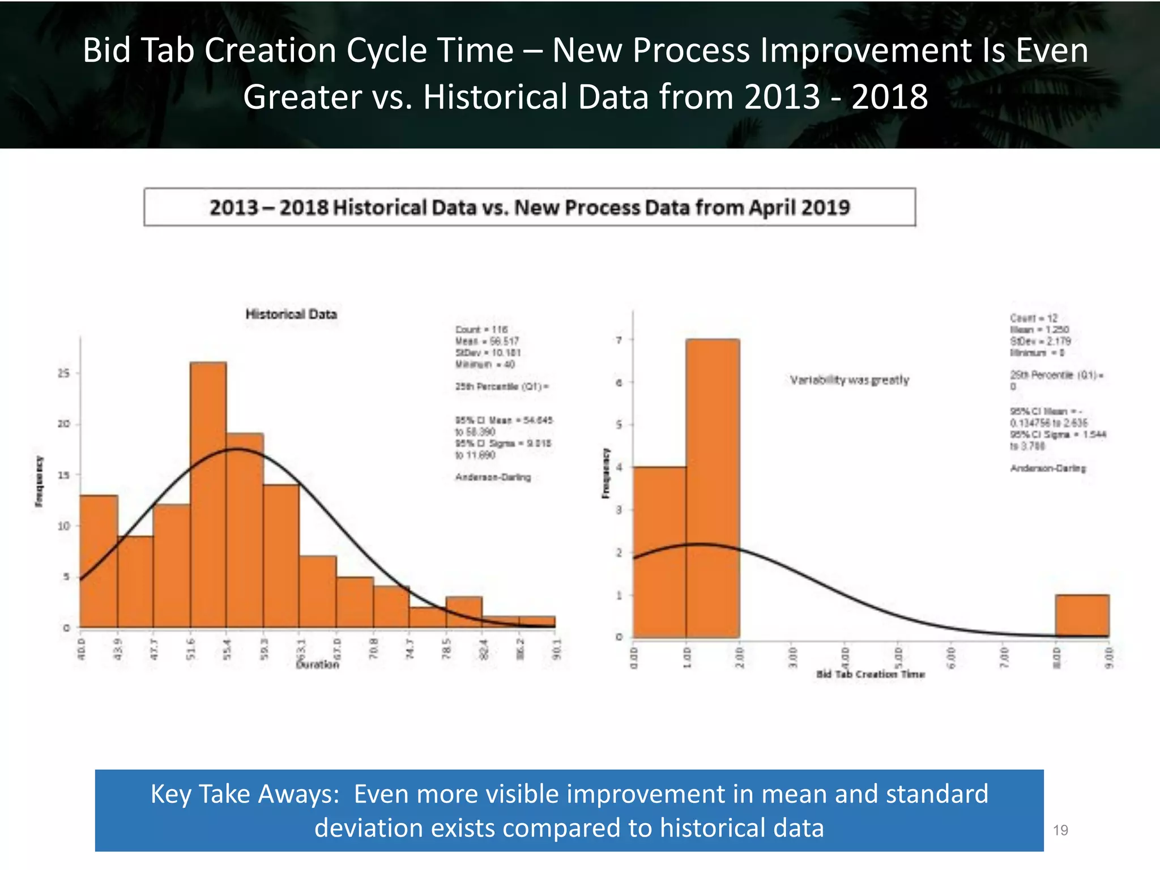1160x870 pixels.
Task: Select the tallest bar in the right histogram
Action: point(713,487)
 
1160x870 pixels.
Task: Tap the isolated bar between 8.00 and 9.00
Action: point(1082,616)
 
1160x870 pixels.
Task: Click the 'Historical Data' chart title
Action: point(291,314)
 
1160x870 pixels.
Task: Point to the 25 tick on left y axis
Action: point(64,373)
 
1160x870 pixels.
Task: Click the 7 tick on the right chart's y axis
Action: point(619,340)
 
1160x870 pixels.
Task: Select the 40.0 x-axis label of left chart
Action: point(81,649)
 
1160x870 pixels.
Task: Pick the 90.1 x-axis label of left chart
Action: point(557,649)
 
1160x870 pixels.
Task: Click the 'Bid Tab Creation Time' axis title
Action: point(871,674)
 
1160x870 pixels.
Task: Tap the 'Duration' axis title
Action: point(318,664)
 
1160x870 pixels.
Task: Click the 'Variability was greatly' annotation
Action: point(849,380)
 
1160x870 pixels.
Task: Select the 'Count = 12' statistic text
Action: point(1033,318)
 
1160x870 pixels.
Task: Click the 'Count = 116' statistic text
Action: point(481,330)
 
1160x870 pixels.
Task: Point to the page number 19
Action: point(1060,830)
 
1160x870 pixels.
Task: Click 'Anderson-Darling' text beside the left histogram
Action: point(493,477)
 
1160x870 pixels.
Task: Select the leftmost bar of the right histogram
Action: point(659,552)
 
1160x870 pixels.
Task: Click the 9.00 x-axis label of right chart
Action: point(1109,657)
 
